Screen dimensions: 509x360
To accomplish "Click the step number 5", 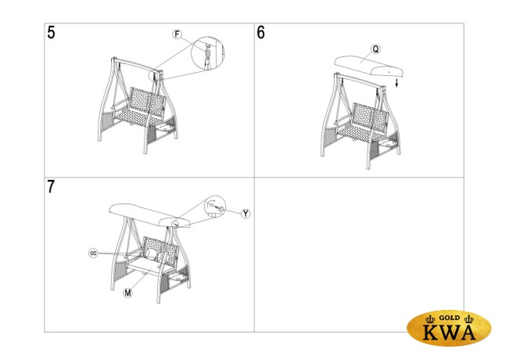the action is click(x=51, y=33).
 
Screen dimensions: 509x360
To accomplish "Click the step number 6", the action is click(x=260, y=33).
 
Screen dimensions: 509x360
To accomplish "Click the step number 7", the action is click(x=51, y=187).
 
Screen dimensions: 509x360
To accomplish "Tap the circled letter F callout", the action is click(x=177, y=34).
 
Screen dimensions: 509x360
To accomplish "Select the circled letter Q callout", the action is click(x=375, y=49).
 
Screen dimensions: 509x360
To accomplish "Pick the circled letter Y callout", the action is click(x=246, y=214).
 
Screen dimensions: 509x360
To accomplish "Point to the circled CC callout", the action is click(x=93, y=253).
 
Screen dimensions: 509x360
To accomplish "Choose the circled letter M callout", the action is click(x=128, y=293).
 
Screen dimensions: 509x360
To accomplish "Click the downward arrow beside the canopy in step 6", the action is click(x=396, y=82).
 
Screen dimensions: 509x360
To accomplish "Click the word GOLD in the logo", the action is click(x=450, y=318).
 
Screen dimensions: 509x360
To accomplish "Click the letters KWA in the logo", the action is click(x=450, y=332).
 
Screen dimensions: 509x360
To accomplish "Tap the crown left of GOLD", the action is click(x=430, y=319).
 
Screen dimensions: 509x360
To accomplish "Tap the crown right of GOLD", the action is click(x=469, y=319).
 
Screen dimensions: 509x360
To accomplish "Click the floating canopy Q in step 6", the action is click(x=369, y=66).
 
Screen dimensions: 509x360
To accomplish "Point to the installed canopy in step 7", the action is click(x=150, y=215).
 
